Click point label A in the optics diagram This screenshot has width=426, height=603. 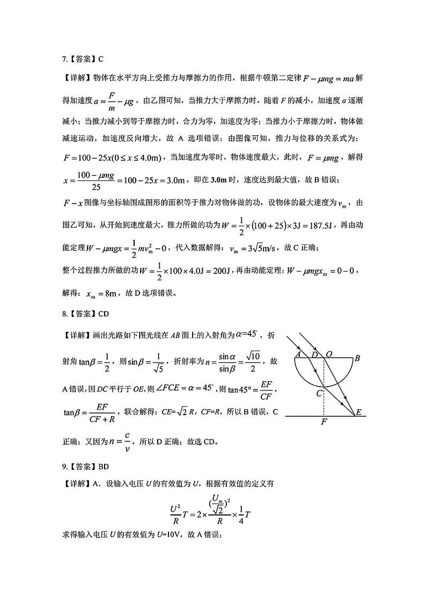298,354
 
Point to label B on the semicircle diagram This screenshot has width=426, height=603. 357,359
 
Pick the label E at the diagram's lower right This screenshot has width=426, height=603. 358,412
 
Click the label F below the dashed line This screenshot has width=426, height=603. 323,423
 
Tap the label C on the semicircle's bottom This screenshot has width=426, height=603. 319,393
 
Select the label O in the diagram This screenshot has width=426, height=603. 329,354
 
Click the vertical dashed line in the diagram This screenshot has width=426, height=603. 323,397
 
